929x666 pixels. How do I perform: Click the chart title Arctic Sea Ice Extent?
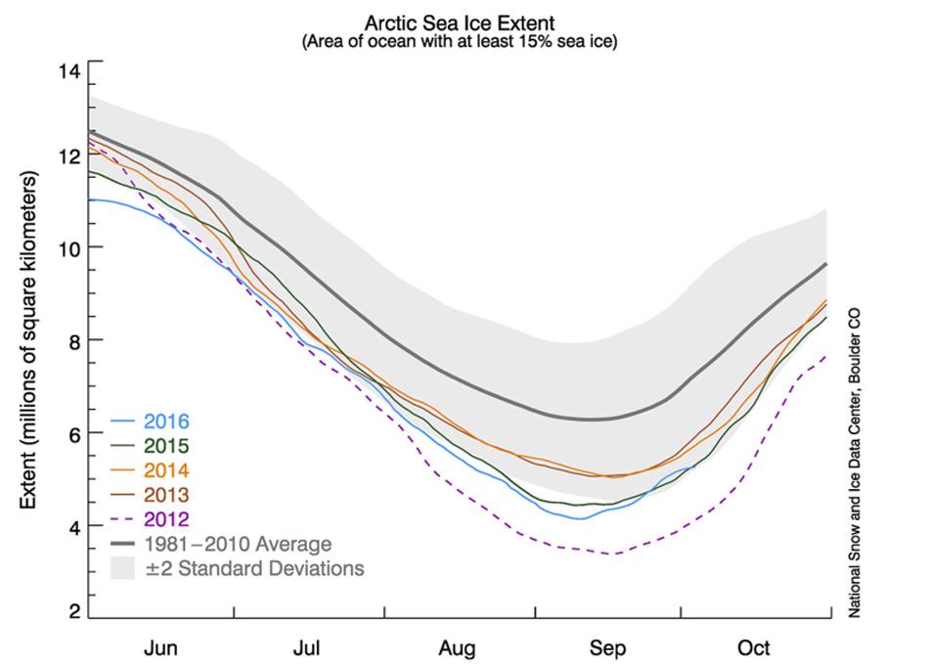460,22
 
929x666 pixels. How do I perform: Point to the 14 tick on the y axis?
68,70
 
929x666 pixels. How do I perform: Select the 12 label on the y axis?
68,155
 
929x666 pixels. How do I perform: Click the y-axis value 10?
68,247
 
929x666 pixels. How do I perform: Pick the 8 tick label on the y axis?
73,340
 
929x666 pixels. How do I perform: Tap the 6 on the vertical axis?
73,433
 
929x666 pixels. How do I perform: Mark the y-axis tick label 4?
73,527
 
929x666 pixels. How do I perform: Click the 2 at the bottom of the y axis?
73,612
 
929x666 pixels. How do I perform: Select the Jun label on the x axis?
160,647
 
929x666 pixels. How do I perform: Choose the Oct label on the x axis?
753,647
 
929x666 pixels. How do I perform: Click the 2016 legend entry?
166,422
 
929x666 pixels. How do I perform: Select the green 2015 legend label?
166,447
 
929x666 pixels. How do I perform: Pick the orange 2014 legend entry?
166,471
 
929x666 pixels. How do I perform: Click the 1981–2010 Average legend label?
238,545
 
